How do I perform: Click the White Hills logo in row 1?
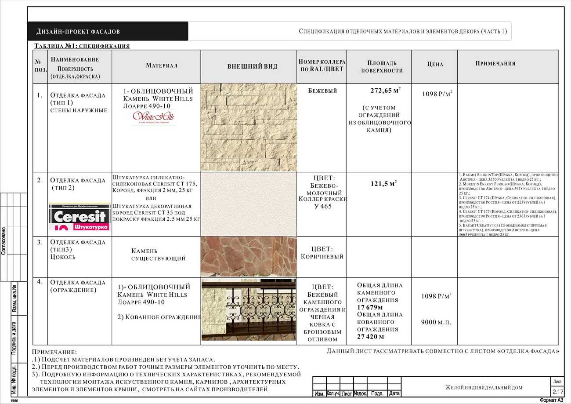[x=153, y=117]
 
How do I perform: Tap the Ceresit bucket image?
[x=80, y=217]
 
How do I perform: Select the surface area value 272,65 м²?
[x=385, y=91]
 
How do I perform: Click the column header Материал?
[x=162, y=66]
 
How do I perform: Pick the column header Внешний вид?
[x=252, y=67]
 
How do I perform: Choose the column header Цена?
[x=435, y=64]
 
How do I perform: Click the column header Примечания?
[x=495, y=63]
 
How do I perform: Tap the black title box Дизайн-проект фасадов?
[x=108, y=32]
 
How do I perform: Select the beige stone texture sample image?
[x=249, y=127]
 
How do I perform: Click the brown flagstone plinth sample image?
[x=248, y=257]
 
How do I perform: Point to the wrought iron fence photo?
[x=249, y=309]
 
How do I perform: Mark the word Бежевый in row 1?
[x=322, y=91]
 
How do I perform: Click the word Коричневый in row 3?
[x=322, y=256]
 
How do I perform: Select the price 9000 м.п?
[x=436, y=322]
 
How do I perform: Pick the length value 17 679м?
[x=370, y=307]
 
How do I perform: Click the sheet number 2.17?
[x=558, y=391]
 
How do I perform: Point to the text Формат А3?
[x=551, y=400]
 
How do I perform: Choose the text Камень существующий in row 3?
[x=158, y=255]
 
